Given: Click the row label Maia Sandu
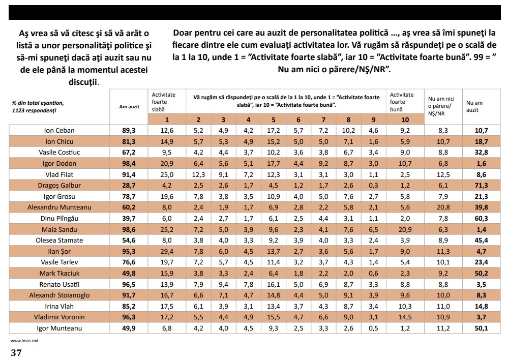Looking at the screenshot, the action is (x=59, y=229).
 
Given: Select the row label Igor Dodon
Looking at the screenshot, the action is (x=59, y=163).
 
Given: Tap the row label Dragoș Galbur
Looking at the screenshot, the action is (x=59, y=186).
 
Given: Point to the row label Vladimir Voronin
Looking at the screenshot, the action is (x=59, y=317).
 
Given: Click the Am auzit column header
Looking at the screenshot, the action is (x=129, y=107).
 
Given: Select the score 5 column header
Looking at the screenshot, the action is (x=274, y=119).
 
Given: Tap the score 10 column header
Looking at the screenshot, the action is (x=405, y=119).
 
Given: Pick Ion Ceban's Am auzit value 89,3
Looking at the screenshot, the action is (x=129, y=130).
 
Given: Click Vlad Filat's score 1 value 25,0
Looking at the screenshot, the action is (x=167, y=174).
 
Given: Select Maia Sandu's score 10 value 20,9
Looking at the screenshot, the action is (x=405, y=229).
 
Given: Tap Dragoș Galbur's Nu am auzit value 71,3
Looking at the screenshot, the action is (x=482, y=186).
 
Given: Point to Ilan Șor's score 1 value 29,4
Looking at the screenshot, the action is (x=167, y=252).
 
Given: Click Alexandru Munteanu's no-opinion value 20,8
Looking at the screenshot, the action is (x=443, y=207).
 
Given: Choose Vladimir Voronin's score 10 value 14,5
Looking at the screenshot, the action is (x=405, y=317).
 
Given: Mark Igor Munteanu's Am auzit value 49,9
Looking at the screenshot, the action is (x=129, y=328).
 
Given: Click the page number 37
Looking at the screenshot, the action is (x=16, y=352).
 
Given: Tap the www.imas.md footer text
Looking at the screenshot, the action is (x=24, y=341).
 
